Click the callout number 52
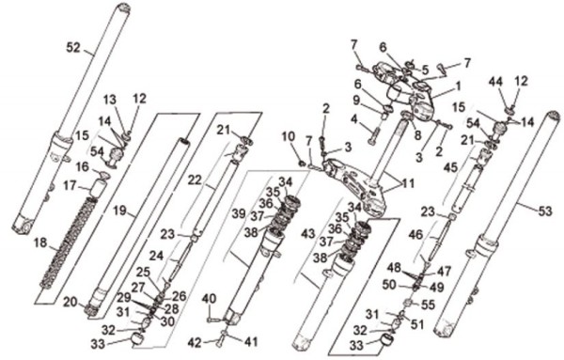pos(73,48)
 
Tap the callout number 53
pos(545,211)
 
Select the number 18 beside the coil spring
pos(40,243)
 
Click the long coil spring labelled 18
pos(69,243)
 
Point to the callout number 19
pos(119,211)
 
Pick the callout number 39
pos(238,213)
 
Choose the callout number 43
pos(308,234)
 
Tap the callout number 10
pos(289,137)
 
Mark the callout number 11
pos(407,184)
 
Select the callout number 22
pos(195,180)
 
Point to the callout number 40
pos(209,299)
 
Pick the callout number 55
pos(428,305)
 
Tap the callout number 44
pos(495,83)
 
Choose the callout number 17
pos(70,186)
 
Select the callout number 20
pos(70,303)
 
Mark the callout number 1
pos(458,86)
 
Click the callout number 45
pos(450,167)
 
